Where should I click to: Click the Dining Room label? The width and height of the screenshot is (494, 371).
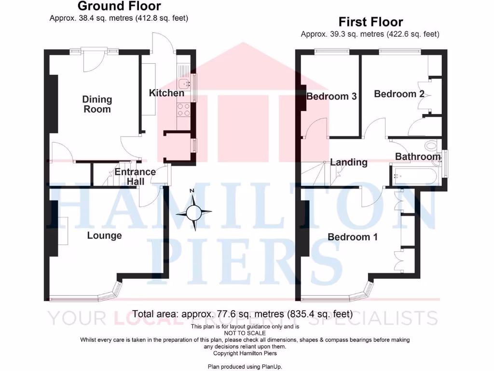[97, 104]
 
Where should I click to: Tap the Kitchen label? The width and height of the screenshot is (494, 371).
[166, 93]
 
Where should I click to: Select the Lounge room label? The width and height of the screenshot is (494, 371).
[104, 236]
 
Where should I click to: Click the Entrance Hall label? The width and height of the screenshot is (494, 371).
[135, 177]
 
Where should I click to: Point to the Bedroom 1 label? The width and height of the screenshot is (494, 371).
[353, 237]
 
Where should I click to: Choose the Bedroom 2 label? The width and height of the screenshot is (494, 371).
[399, 94]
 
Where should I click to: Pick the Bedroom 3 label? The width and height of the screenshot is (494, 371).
[331, 96]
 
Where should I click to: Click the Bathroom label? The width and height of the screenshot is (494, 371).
[418, 157]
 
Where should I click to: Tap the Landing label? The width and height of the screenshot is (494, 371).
[349, 162]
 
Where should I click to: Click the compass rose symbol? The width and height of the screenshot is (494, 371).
[194, 212]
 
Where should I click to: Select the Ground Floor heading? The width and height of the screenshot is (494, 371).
[119, 6]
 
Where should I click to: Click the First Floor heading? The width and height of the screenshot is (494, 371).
[370, 22]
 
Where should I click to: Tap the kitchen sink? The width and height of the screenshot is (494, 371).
[184, 82]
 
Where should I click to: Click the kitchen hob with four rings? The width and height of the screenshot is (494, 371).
[184, 110]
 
